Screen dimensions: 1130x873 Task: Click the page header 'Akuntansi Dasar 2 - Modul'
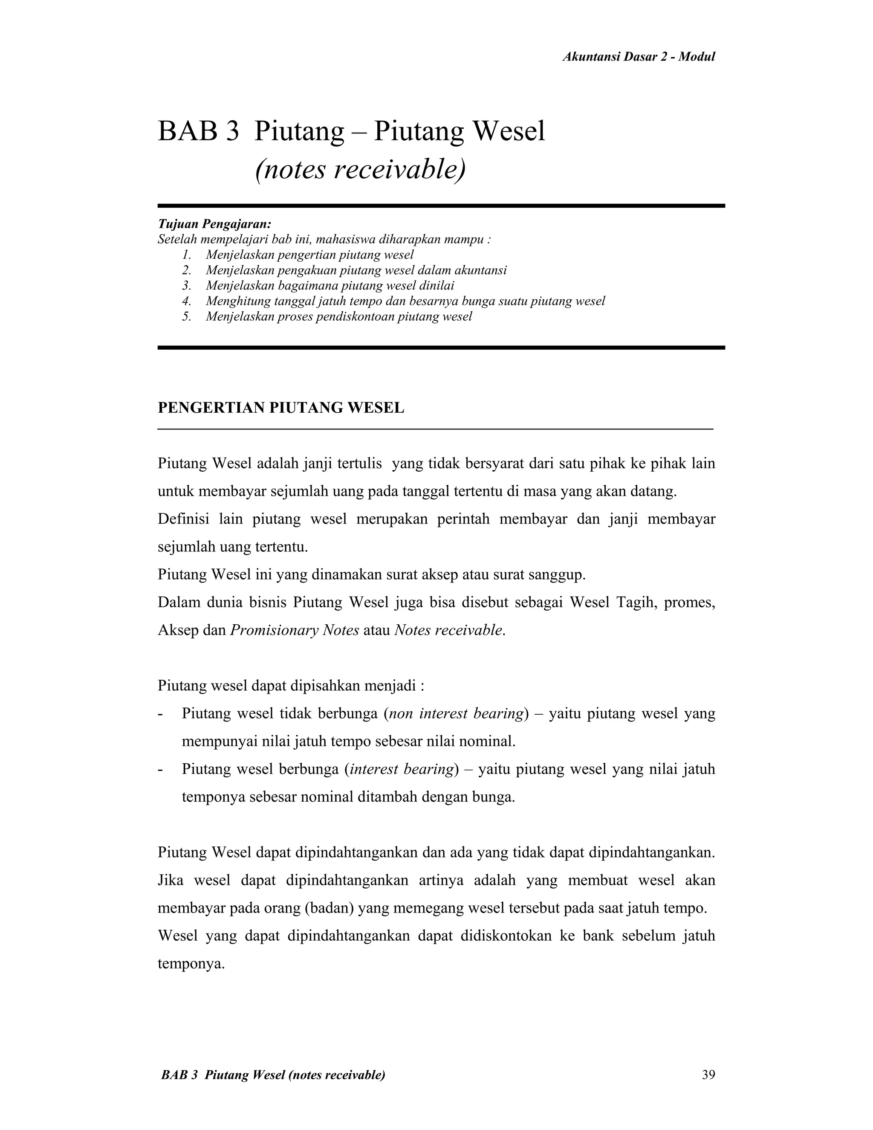pos(638,57)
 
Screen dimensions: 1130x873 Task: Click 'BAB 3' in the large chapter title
pos(198,131)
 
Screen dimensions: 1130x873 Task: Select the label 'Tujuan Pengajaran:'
pos(214,224)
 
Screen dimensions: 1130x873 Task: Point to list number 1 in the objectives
pos(187,255)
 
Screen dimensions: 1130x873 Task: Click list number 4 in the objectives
pos(187,301)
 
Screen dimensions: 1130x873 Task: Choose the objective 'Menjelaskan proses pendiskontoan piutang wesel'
pos(339,317)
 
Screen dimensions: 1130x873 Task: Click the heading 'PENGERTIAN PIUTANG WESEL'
pos(281,408)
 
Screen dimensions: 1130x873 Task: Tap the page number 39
pos(708,1075)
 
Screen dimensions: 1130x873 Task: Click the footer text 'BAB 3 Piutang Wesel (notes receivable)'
pos(273,1075)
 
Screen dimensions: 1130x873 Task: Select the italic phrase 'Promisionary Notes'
pos(294,631)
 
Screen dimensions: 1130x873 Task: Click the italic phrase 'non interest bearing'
pos(456,714)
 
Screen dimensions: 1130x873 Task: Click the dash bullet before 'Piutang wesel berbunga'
pos(160,770)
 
